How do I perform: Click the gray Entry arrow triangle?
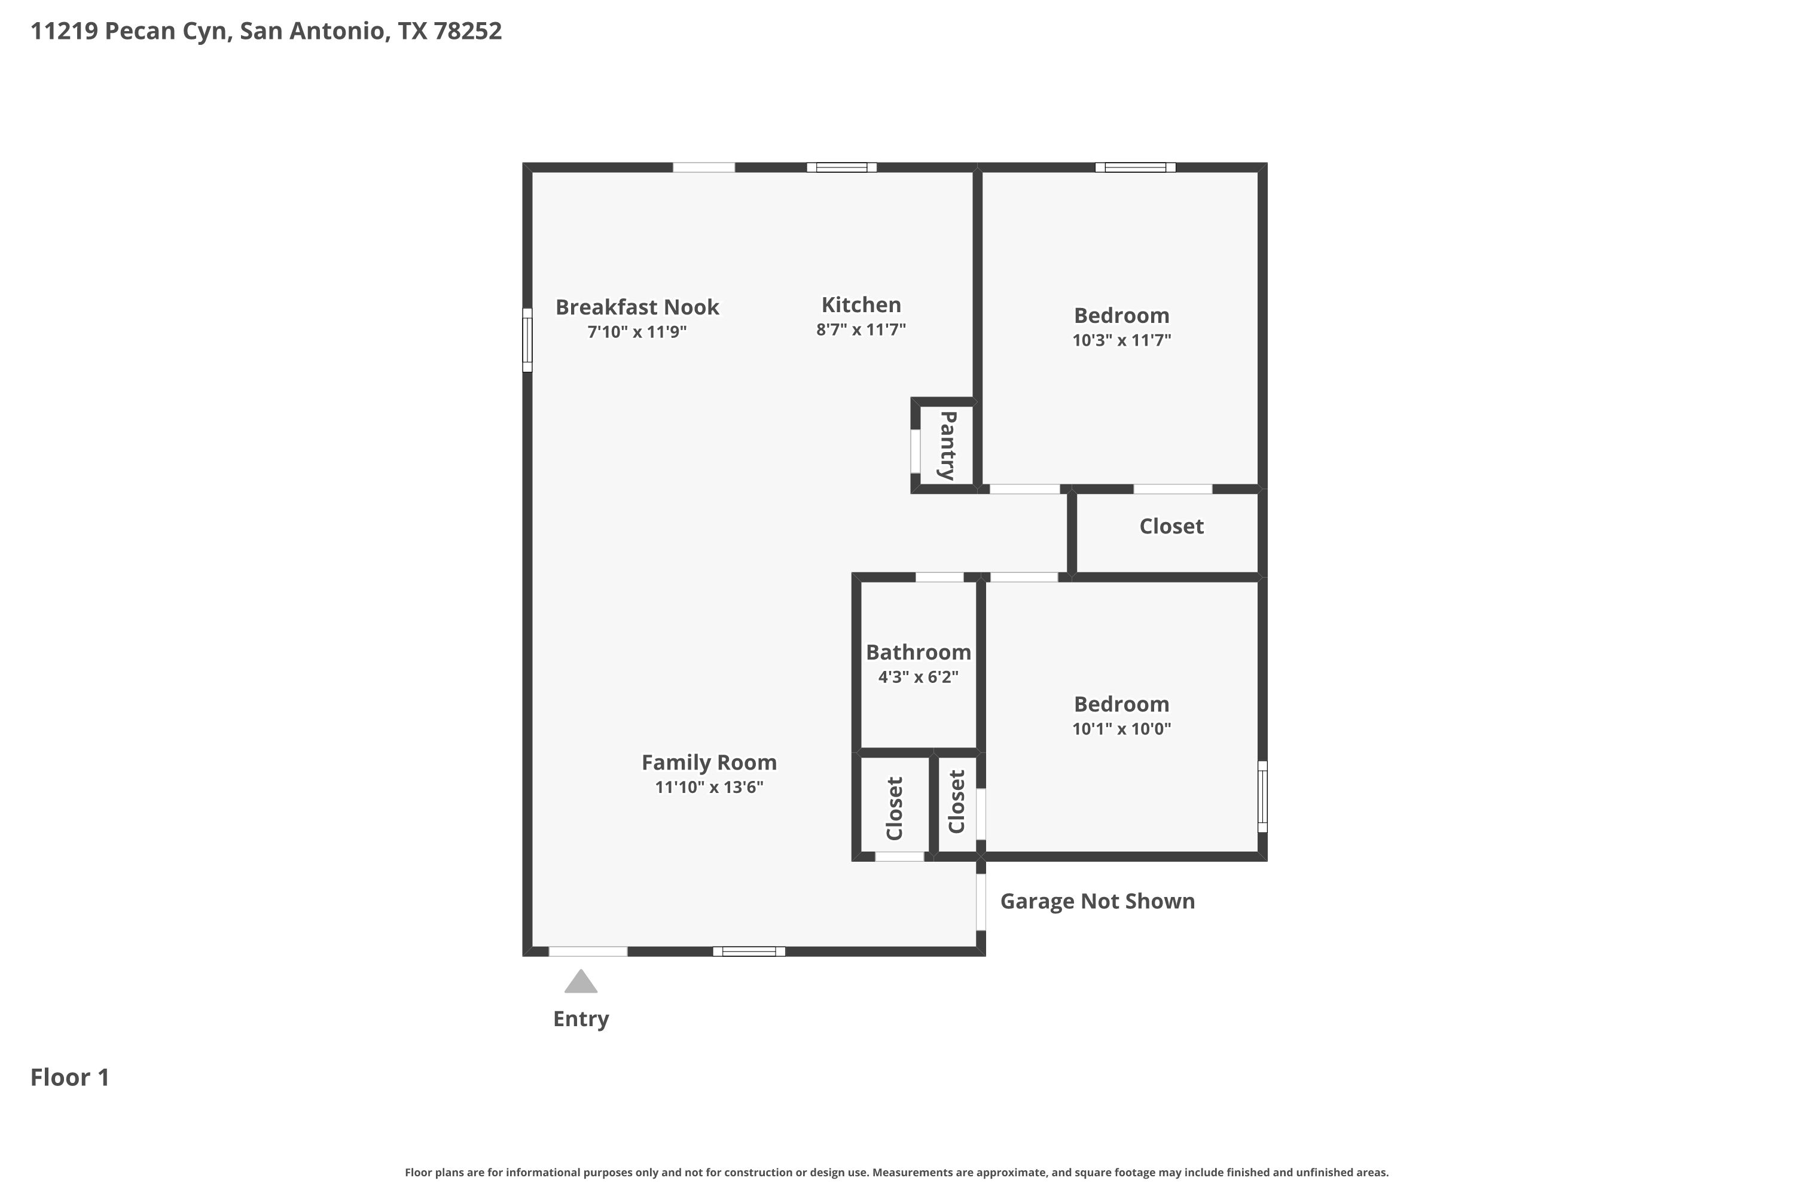(x=581, y=982)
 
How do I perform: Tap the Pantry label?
(x=947, y=446)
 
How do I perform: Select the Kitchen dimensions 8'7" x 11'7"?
(x=861, y=329)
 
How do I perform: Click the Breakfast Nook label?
(x=637, y=307)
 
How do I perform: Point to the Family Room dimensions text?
(x=709, y=787)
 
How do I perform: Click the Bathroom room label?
(x=919, y=652)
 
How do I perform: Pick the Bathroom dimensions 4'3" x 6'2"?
(x=919, y=676)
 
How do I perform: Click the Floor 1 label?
(x=70, y=1077)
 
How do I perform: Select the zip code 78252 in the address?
(x=468, y=30)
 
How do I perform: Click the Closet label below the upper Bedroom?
(x=1171, y=526)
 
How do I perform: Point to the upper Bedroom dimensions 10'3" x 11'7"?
(x=1121, y=340)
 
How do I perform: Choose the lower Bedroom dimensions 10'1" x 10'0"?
(x=1121, y=728)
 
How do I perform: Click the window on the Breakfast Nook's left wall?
(x=527, y=340)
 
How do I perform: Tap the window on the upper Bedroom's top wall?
(x=1135, y=167)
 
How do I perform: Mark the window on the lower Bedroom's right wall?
(x=1262, y=797)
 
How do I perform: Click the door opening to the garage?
(x=981, y=902)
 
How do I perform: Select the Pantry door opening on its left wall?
(x=916, y=451)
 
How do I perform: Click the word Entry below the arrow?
(x=581, y=1019)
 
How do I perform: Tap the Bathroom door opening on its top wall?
(x=939, y=576)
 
